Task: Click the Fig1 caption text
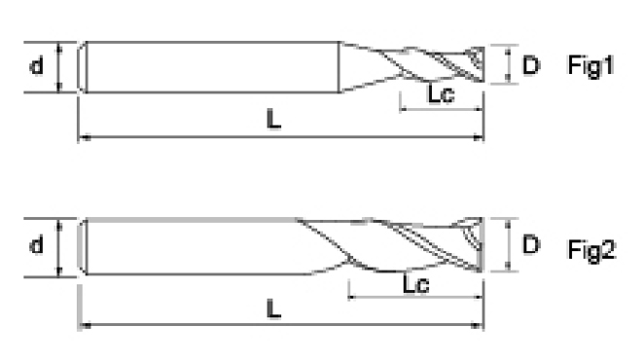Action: tap(590, 66)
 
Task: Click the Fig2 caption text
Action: tap(591, 249)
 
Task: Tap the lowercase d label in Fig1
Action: tap(36, 65)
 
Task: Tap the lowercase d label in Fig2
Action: tap(36, 245)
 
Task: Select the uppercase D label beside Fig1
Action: tap(531, 65)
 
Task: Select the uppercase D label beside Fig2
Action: tap(531, 245)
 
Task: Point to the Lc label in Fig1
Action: tap(441, 93)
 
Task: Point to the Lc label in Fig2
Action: tap(416, 283)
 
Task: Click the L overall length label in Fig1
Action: tap(273, 120)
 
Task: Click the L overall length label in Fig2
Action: tap(273, 308)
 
